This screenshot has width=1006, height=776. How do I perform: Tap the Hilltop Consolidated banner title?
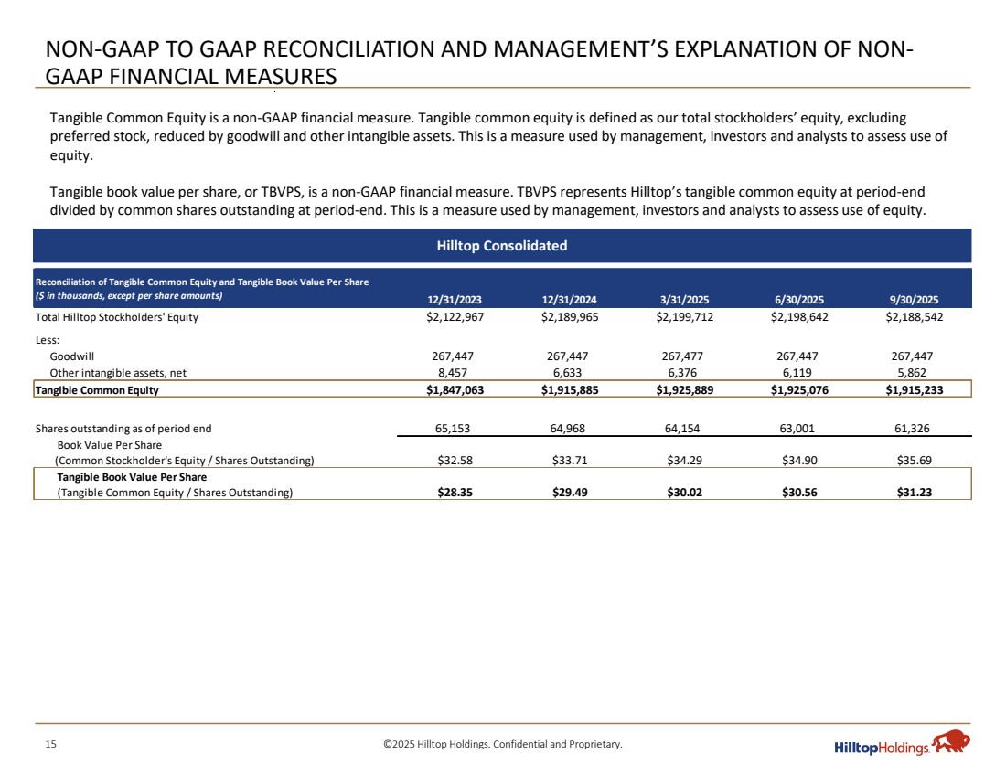pos(501,246)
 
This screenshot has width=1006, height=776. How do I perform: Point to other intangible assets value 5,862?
pos(926,372)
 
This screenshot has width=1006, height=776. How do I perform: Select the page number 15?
pos(51,745)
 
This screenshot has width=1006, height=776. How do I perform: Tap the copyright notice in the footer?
pos(502,745)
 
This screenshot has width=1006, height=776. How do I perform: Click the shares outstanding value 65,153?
pos(452,428)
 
